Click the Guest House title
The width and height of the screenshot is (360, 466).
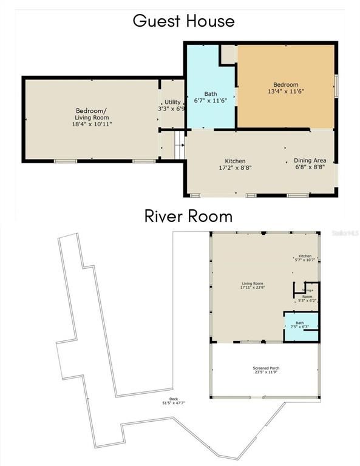pos(183,21)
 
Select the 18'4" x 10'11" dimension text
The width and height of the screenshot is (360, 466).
pos(91,124)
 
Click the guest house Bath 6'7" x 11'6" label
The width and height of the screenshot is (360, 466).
pos(210,97)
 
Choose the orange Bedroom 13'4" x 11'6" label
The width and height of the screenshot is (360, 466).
pos(285,87)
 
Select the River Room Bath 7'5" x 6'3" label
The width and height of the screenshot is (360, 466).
pos(300,325)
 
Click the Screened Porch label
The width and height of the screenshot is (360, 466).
pos(266,368)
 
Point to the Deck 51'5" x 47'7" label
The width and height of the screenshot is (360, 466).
pos(173,400)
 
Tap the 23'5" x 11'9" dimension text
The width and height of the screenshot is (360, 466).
pos(266,372)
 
